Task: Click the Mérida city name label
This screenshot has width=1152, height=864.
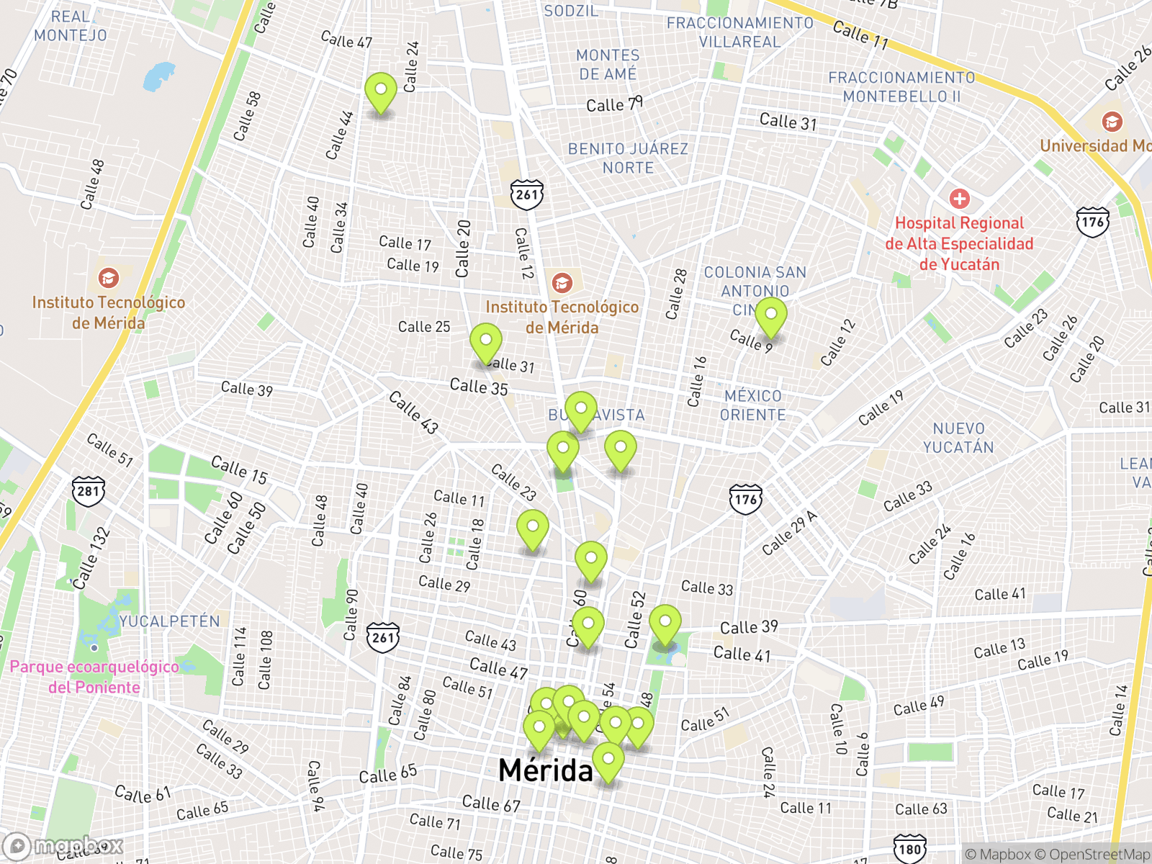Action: point(545,770)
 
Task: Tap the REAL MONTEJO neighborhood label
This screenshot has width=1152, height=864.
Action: point(70,26)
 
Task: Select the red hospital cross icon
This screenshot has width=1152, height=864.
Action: point(959,199)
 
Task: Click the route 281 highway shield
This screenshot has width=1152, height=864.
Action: point(88,492)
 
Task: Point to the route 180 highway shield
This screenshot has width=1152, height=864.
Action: point(909,849)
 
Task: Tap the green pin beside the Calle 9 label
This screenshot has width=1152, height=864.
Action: point(770,318)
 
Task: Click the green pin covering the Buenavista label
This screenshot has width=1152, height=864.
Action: point(580,411)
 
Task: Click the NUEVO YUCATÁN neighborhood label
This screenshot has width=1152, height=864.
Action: point(958,438)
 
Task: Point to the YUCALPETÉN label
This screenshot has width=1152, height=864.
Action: point(169,621)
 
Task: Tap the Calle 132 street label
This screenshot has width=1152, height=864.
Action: point(91,558)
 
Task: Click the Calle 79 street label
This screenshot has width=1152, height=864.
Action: point(614,105)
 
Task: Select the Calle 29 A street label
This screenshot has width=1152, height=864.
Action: point(790,533)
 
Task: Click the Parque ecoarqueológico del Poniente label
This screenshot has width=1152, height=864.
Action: point(94,677)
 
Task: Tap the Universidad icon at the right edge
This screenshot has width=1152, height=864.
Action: point(1112,121)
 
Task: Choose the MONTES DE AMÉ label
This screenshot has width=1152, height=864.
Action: point(608,65)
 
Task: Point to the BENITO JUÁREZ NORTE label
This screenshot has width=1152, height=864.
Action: point(628,158)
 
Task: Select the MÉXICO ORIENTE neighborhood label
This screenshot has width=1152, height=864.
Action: point(753,405)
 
